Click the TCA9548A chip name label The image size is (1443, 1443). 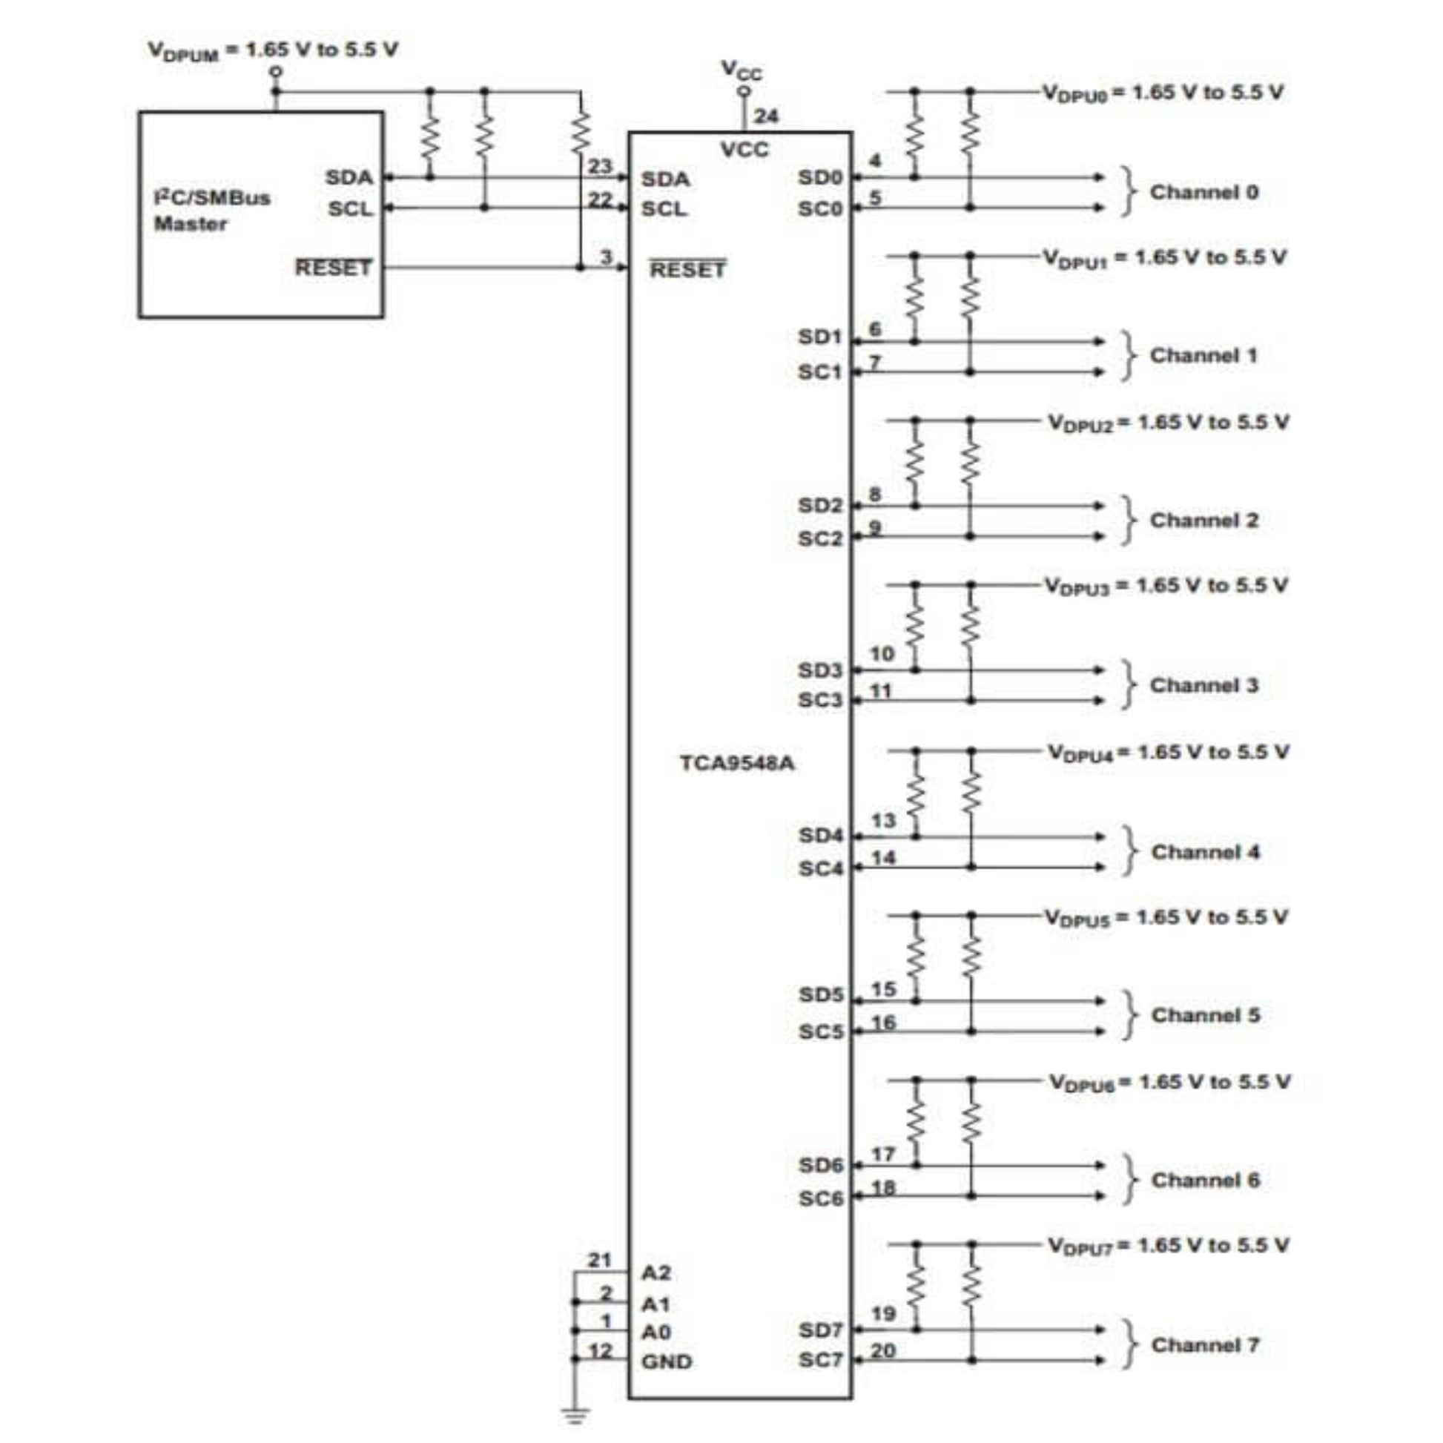(x=736, y=763)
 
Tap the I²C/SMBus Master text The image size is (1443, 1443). (x=211, y=210)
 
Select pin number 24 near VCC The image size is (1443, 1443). (x=765, y=116)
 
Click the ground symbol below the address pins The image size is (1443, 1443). (x=575, y=1414)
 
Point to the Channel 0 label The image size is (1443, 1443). (x=1203, y=192)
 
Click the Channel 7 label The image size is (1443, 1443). (x=1205, y=1344)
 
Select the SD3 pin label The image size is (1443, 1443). (x=819, y=670)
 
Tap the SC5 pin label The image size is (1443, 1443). (x=820, y=1031)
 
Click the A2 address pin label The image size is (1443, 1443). (x=656, y=1272)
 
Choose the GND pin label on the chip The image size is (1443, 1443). (x=666, y=1361)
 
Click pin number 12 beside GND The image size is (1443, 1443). (x=600, y=1350)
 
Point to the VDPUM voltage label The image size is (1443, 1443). (x=273, y=50)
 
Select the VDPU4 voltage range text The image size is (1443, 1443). (x=1167, y=752)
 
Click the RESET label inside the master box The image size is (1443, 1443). (x=332, y=268)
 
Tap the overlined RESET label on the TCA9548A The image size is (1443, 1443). (x=687, y=270)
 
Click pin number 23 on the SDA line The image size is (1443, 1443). (x=599, y=166)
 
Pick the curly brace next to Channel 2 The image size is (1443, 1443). (x=1129, y=521)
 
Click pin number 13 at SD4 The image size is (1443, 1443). (x=883, y=821)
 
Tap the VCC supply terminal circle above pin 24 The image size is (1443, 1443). (x=743, y=91)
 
